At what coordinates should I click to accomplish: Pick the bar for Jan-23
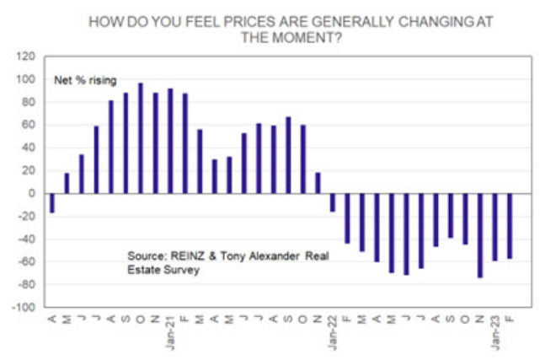tap(495, 227)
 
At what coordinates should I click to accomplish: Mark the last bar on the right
tap(510, 226)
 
